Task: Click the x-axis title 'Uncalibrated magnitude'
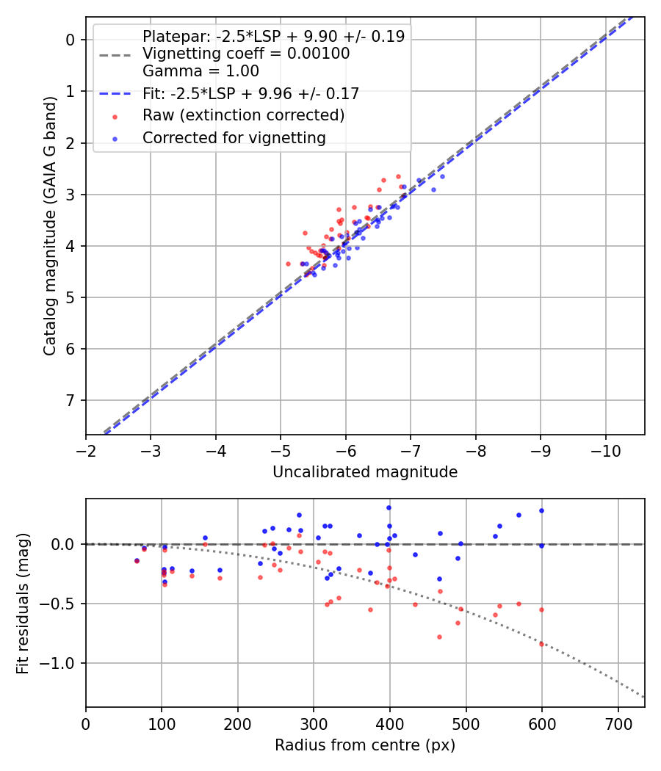tap(365, 472)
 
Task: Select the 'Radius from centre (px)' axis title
tap(365, 745)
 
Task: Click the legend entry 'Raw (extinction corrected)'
tap(243, 115)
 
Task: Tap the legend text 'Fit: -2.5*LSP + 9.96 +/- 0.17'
tap(250, 93)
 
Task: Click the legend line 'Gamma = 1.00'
tap(201, 71)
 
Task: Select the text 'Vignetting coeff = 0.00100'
tap(246, 54)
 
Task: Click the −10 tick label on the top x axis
tap(606, 449)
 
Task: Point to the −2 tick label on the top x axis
tap(86, 449)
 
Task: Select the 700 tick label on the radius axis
tap(618, 723)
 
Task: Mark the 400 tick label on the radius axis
tap(389, 723)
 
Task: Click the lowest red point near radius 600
tap(542, 644)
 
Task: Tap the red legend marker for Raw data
tap(114, 116)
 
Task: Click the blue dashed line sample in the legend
tap(114, 94)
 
